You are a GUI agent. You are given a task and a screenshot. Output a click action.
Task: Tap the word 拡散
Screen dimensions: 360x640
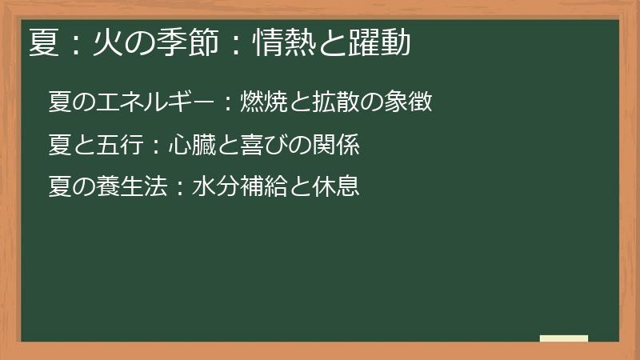(x=330, y=103)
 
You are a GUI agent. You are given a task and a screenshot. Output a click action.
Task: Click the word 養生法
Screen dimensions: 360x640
(x=130, y=187)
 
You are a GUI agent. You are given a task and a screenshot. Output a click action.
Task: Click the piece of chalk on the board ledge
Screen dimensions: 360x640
(x=564, y=338)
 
